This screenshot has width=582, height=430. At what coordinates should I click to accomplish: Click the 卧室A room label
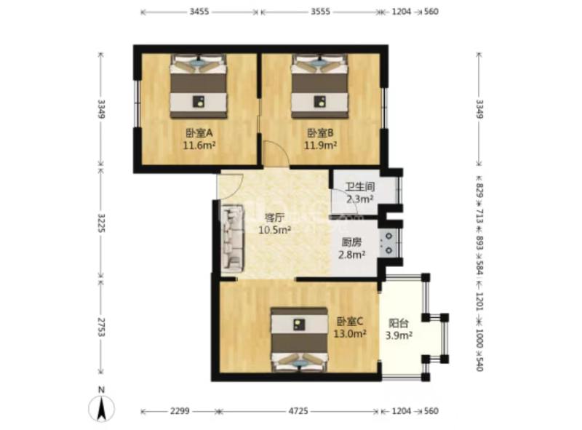[x=198, y=132]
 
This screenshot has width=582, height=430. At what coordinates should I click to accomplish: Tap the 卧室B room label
[x=320, y=132]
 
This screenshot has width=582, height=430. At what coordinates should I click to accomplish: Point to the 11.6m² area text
[x=198, y=145]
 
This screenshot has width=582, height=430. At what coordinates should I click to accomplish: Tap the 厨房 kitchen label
[x=352, y=243]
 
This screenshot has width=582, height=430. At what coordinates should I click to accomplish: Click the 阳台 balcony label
[x=399, y=322]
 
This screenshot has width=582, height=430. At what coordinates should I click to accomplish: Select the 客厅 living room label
[x=274, y=217]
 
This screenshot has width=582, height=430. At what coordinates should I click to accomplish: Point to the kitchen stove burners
[x=390, y=242]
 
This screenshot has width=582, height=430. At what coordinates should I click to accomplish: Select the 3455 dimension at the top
[x=199, y=12]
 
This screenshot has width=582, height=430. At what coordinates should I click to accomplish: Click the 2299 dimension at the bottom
[x=180, y=412]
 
